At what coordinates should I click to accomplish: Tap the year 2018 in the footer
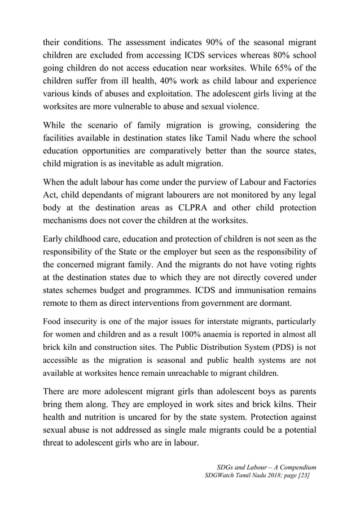(x=267, y=477)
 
